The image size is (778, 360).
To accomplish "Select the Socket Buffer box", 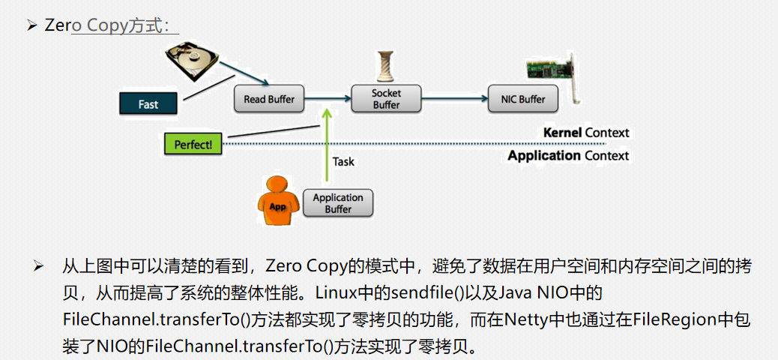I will point(386,99).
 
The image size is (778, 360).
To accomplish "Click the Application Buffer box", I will point(337,203).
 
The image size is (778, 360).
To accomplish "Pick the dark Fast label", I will point(148,104).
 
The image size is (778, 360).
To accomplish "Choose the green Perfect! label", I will point(193,144).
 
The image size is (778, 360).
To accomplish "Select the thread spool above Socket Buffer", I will point(386,67).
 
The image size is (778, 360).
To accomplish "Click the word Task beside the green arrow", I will point(343,161).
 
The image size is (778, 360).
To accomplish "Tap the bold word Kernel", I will point(562,133).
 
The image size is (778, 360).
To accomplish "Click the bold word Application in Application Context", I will point(543,156).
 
